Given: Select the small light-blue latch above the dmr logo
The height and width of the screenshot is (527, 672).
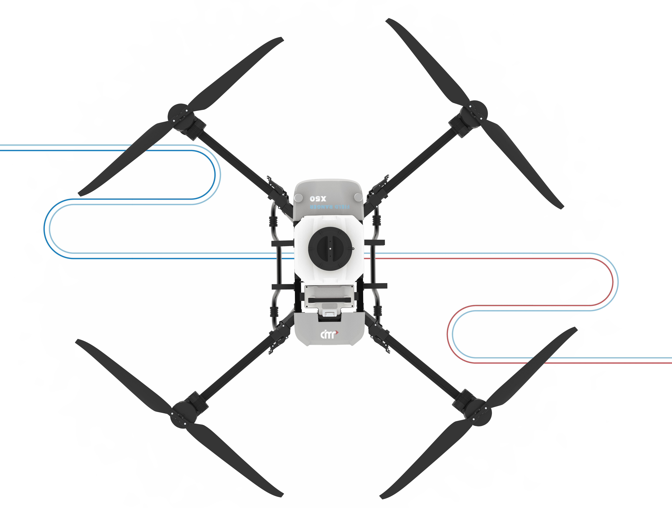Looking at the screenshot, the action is pyautogui.click(x=329, y=314).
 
